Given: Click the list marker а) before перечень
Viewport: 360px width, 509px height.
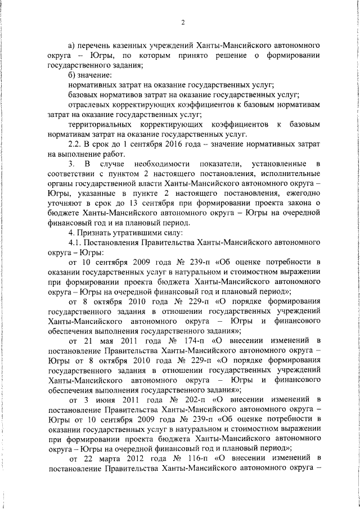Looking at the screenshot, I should [x=71, y=44].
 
